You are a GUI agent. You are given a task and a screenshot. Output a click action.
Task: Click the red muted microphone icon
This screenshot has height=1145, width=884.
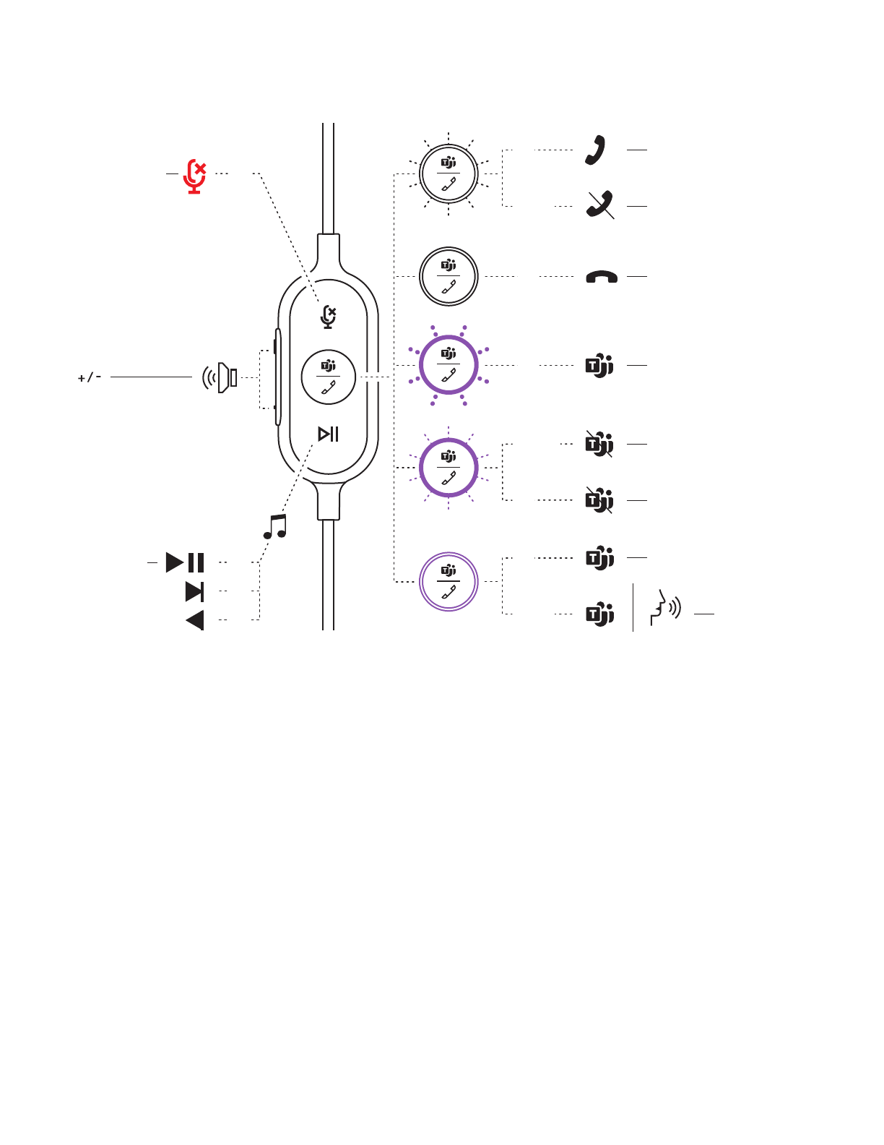(195, 176)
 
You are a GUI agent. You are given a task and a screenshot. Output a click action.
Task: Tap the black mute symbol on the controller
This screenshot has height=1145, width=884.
(329, 317)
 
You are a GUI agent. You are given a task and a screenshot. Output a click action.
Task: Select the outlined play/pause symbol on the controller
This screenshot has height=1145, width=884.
(329, 434)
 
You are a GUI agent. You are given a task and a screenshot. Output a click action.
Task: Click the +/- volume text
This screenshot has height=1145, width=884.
(90, 377)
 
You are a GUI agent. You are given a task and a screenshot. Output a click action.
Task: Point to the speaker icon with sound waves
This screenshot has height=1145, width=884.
(220, 377)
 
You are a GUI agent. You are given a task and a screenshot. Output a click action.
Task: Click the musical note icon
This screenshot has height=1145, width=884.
(275, 527)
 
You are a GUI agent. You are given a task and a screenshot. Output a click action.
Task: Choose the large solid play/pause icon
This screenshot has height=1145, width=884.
(185, 562)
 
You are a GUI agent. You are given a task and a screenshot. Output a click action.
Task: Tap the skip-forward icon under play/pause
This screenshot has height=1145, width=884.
(194, 591)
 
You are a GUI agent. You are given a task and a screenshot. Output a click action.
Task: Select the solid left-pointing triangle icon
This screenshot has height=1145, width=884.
(195, 620)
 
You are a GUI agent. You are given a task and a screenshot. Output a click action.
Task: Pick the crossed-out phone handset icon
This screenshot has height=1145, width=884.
(599, 205)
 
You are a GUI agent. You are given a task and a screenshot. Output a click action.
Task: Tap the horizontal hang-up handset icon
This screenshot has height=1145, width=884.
(601, 277)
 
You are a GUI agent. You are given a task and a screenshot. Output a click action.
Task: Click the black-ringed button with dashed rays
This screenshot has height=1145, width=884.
(448, 174)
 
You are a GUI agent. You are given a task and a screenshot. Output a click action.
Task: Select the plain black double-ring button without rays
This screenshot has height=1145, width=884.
(448, 276)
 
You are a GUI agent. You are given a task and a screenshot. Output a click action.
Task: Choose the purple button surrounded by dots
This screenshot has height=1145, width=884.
(448, 365)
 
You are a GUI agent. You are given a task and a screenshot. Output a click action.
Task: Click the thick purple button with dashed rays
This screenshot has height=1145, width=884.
(448, 468)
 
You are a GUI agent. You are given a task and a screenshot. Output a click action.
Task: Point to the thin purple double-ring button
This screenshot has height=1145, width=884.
(448, 582)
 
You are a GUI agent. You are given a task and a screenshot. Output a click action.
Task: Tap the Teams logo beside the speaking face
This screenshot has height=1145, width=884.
(599, 614)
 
